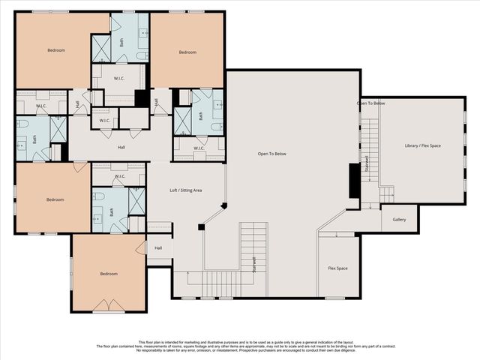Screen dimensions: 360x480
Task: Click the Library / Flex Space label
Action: (x=422, y=145)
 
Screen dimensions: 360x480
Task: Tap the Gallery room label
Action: (x=398, y=220)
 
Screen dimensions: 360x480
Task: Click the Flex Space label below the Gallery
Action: (x=337, y=268)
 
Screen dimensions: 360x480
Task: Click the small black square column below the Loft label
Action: (x=201, y=226)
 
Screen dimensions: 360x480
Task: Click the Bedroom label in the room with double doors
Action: (x=109, y=274)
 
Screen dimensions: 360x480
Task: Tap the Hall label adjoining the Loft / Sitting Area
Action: (x=158, y=247)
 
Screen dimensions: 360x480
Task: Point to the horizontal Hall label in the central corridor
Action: (x=121, y=147)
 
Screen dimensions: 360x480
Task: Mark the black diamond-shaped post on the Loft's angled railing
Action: (x=223, y=204)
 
